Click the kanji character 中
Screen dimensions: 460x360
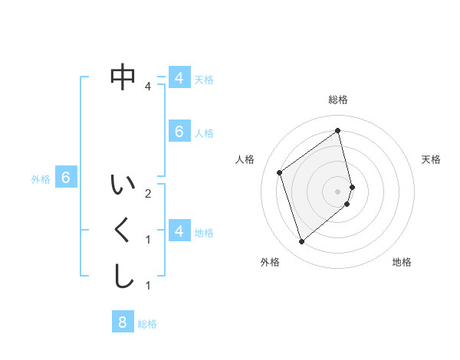123,77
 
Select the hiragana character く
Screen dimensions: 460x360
123,231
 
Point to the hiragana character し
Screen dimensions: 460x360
123,277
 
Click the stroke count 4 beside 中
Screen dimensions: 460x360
148,87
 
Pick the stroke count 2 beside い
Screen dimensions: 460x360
148,194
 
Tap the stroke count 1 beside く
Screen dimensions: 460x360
148,240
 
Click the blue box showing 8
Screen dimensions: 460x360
123,322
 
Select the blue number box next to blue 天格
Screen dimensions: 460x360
179,78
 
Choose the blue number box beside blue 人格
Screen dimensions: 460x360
179,132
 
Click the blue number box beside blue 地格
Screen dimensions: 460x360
179,231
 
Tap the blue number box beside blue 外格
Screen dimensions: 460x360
66,178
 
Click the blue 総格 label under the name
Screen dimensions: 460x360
147,324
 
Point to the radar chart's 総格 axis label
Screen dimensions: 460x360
338,100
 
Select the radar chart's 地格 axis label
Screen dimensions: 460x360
402,262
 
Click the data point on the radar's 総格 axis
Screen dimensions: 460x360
338,130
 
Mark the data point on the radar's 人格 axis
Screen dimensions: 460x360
280,172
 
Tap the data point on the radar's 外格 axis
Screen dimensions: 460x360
301,242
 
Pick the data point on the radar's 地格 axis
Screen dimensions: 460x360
347,204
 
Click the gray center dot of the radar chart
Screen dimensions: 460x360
338,191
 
